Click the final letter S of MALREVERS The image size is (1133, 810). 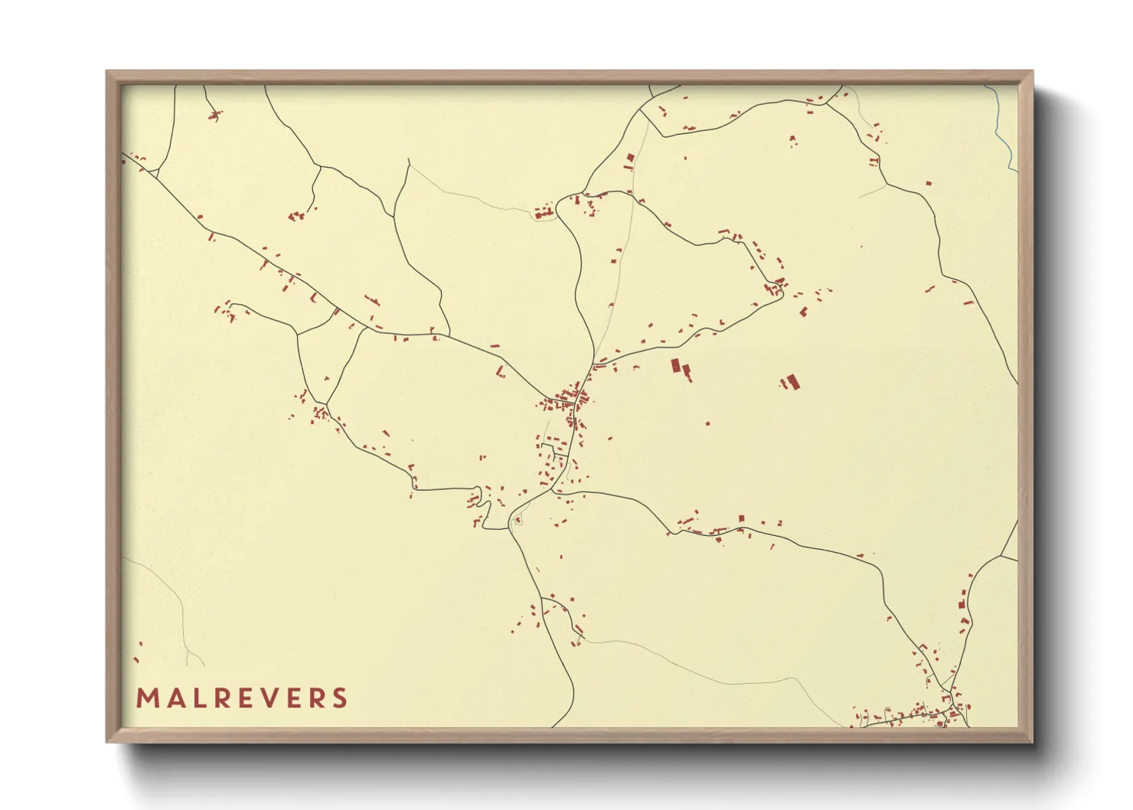click(x=339, y=698)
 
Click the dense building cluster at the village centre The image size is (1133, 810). click(x=569, y=398)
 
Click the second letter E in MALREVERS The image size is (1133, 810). click(x=292, y=698)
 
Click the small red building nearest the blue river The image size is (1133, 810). click(x=929, y=184)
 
